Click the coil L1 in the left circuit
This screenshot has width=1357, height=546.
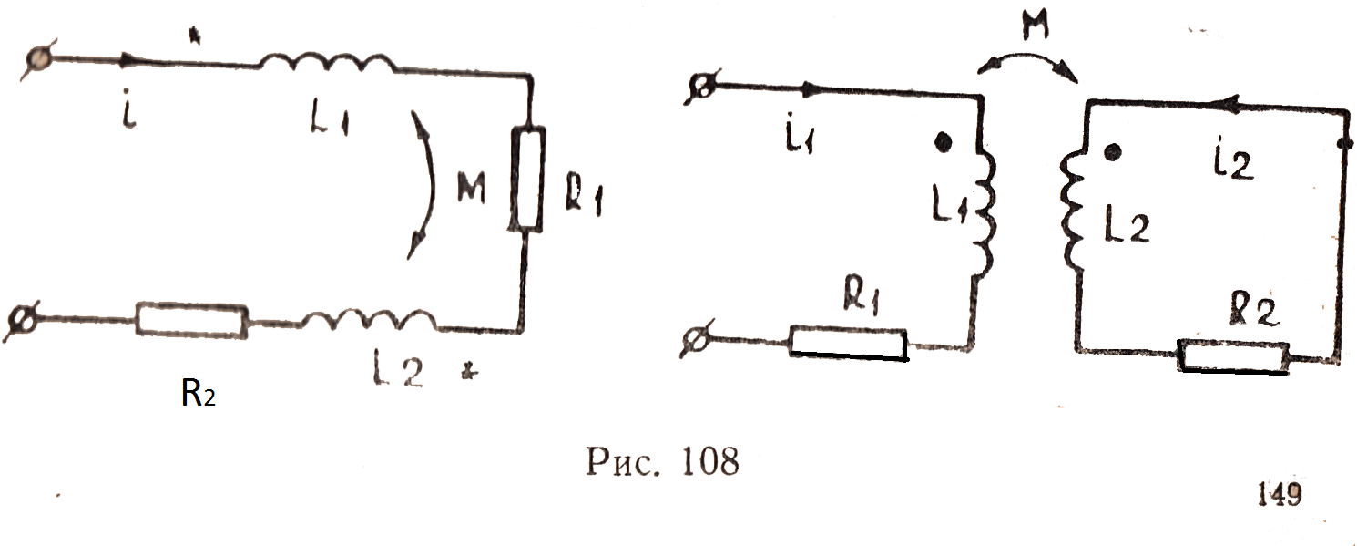point(329,64)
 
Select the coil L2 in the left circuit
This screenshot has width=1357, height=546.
point(369,321)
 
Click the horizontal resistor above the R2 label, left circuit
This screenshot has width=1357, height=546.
point(191,321)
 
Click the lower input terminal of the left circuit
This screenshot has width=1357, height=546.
point(19,321)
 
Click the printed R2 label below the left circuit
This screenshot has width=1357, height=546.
point(198,395)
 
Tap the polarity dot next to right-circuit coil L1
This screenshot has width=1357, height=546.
point(944,143)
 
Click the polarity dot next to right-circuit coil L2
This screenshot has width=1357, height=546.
point(1111,153)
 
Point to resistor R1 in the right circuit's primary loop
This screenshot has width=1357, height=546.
point(848,344)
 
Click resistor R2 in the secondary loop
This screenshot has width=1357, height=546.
point(1234,355)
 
